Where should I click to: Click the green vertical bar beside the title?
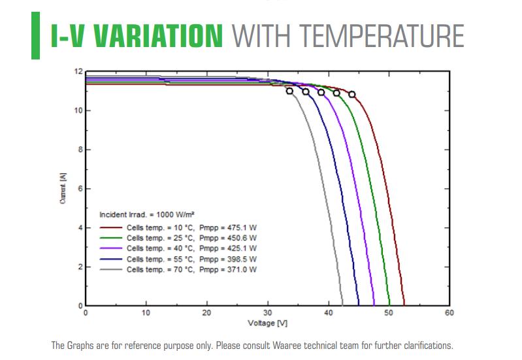[x=36, y=37]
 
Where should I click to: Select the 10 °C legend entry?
[x=180, y=228]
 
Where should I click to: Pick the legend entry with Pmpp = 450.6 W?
[x=180, y=238]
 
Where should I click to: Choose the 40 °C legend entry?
[x=180, y=248]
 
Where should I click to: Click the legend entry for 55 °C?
[x=180, y=259]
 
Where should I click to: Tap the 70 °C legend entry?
[x=180, y=269]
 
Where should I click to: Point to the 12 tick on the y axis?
[x=79, y=71]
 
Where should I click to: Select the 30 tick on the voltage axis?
[x=268, y=313]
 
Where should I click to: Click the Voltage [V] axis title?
[x=268, y=323]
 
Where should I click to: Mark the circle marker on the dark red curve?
[x=352, y=95]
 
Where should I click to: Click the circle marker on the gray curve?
[x=289, y=91]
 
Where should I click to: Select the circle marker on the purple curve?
[x=321, y=92]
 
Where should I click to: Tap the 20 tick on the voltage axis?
[x=207, y=313]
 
